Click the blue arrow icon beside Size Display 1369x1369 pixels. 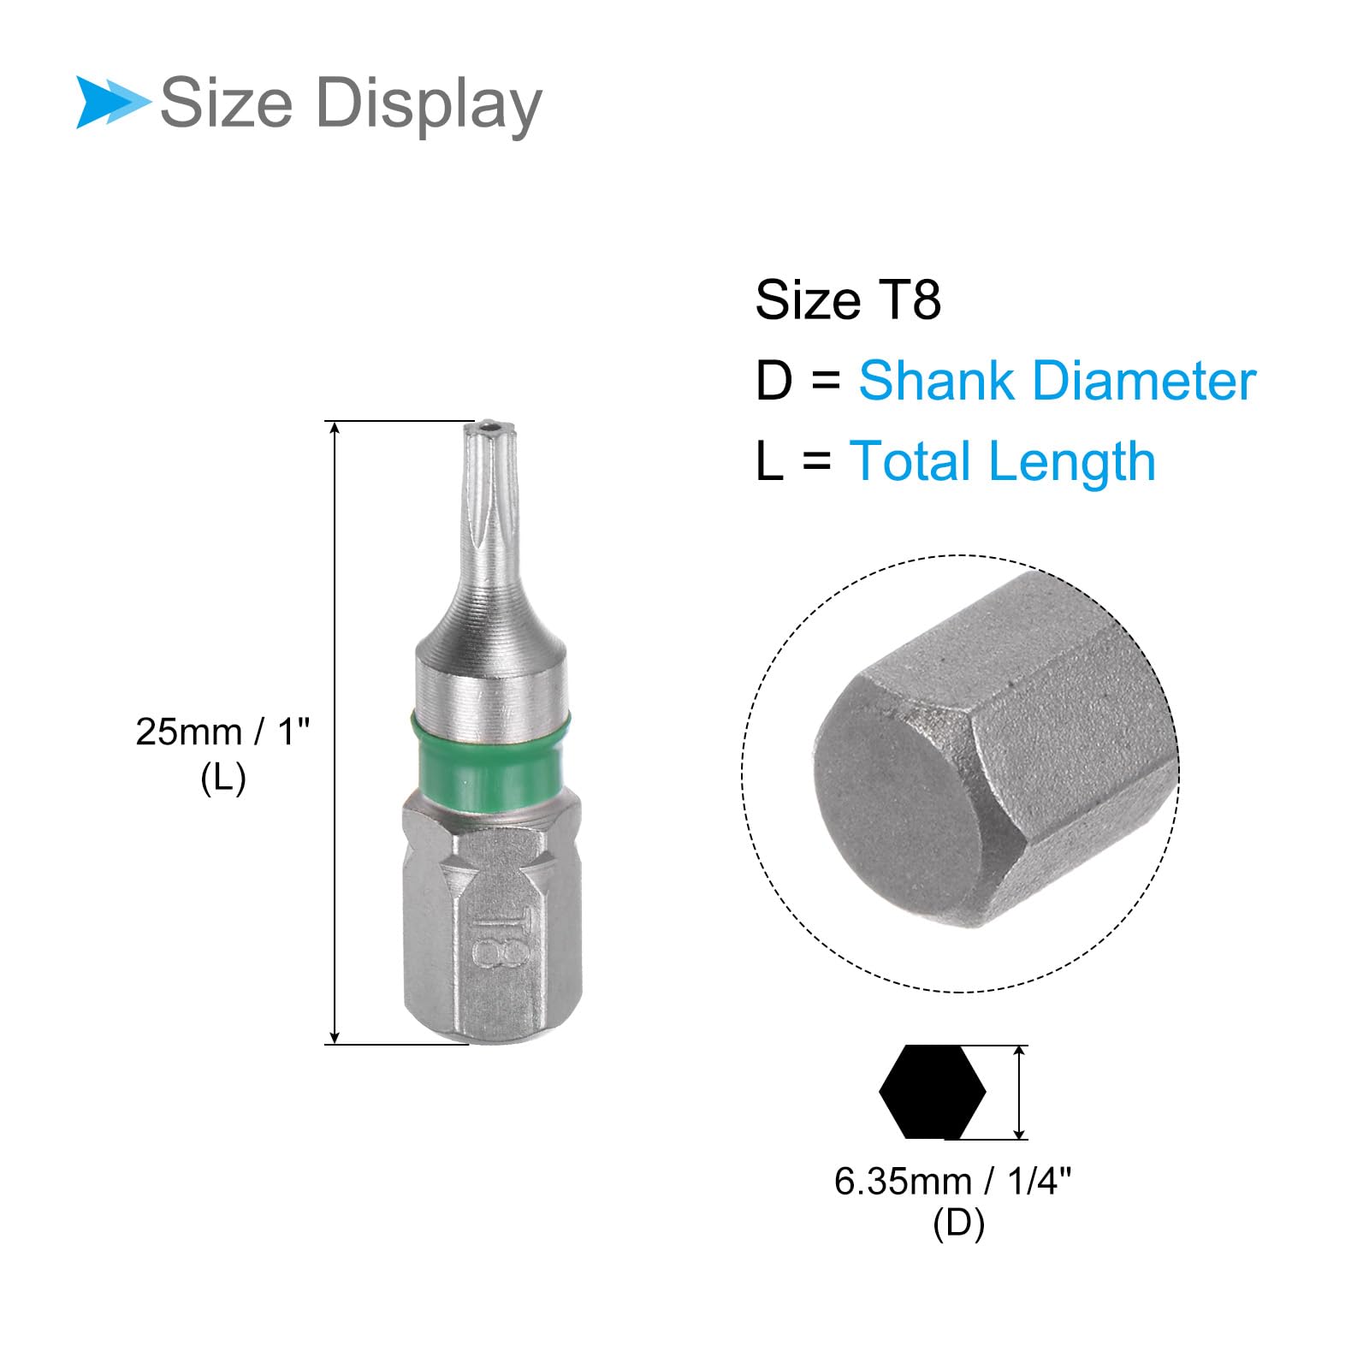tap(111, 103)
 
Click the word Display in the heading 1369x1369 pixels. tap(429, 105)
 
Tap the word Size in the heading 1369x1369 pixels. tap(227, 103)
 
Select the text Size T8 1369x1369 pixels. tap(848, 300)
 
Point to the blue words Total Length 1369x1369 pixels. tap(1002, 461)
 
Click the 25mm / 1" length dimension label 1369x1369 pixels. tap(222, 732)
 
